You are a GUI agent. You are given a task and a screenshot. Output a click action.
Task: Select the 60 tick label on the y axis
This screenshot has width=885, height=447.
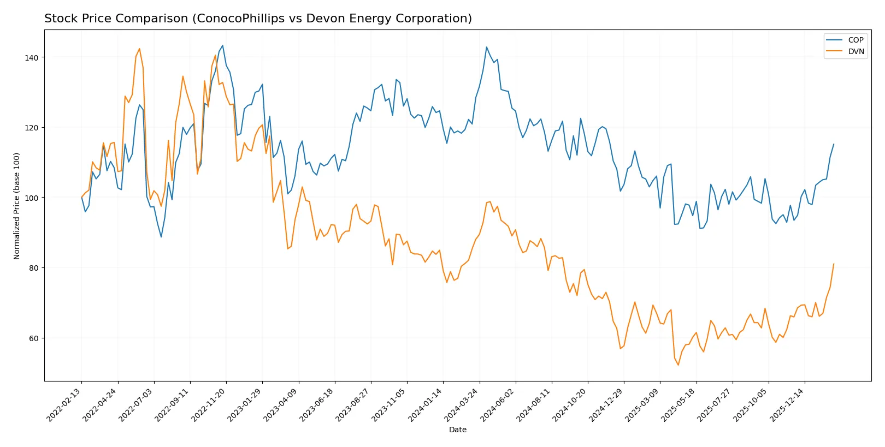(x=33, y=338)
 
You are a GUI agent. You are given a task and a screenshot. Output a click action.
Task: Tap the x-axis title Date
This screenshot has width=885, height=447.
(x=457, y=430)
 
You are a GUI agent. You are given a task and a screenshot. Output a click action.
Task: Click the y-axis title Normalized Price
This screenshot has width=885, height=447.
(x=17, y=206)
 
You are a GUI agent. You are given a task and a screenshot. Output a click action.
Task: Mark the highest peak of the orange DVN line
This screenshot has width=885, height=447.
(x=139, y=49)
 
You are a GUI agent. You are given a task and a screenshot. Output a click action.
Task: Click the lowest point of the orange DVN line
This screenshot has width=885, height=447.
(x=678, y=365)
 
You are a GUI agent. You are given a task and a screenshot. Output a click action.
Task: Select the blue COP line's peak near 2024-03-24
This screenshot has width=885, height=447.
(x=487, y=47)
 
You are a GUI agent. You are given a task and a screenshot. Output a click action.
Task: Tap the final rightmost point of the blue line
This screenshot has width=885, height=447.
(x=834, y=144)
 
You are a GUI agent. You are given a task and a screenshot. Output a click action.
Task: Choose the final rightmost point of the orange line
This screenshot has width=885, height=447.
(x=834, y=264)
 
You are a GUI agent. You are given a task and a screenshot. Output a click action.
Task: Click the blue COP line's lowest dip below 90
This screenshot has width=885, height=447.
(x=161, y=237)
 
